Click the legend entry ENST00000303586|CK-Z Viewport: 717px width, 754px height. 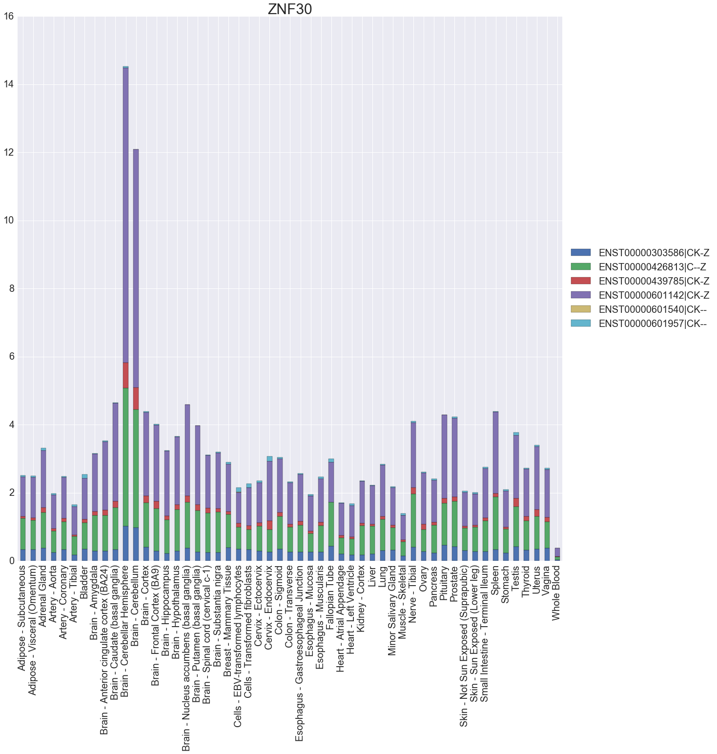click(654, 253)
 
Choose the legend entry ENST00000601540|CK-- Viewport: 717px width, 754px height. click(653, 309)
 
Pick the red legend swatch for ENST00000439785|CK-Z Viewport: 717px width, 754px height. click(580, 281)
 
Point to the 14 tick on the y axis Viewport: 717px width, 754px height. click(9, 85)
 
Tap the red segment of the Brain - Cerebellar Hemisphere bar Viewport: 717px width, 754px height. click(125, 375)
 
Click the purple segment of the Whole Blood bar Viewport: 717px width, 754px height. click(557, 552)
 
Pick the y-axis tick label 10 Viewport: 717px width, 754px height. click(9, 221)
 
